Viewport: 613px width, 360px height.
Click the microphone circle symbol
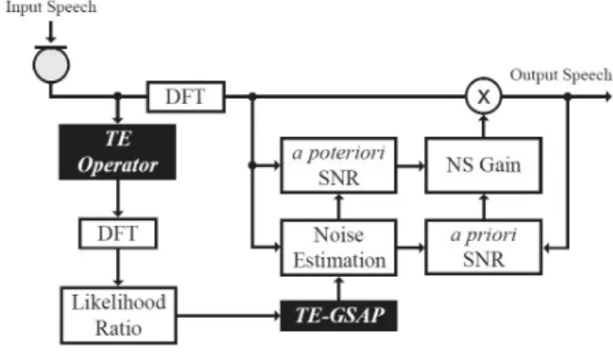point(51,65)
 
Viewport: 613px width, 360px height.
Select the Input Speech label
point(51,7)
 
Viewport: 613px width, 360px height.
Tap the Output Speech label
point(561,75)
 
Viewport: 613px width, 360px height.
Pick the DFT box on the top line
point(185,97)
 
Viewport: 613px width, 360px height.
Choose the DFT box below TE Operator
point(118,233)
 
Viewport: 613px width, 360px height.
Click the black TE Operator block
point(117,152)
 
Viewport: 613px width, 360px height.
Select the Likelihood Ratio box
point(119,315)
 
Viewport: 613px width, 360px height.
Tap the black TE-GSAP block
point(339,315)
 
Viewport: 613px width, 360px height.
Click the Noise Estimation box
point(339,248)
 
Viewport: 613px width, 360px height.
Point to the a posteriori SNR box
point(339,165)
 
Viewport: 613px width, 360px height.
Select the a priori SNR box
point(483,247)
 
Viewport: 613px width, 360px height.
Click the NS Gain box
point(483,165)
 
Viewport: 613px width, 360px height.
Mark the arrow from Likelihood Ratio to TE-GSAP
point(228,315)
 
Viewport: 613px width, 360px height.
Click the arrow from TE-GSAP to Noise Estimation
point(339,289)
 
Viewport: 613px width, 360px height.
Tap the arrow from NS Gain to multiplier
point(483,125)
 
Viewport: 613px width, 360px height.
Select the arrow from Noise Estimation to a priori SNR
point(411,248)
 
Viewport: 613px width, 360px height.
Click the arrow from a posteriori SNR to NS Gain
point(411,165)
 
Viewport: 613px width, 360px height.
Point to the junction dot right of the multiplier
point(567,96)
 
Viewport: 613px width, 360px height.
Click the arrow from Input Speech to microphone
point(50,32)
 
